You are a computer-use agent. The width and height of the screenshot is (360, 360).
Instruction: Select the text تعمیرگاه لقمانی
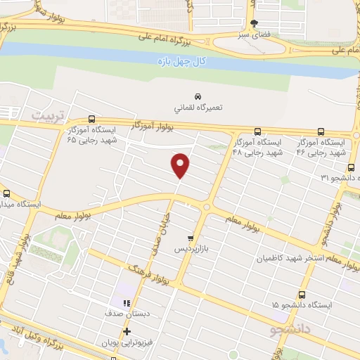[x=198, y=108]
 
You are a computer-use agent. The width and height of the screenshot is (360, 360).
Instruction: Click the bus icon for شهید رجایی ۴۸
[x=257, y=131]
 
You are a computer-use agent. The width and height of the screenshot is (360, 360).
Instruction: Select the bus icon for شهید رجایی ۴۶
[x=322, y=131]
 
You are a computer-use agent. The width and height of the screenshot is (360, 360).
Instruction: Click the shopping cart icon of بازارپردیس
[x=190, y=239]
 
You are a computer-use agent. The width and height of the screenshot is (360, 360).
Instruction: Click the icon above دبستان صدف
[x=127, y=302]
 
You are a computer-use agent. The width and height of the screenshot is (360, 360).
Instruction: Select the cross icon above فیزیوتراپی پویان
[x=127, y=332]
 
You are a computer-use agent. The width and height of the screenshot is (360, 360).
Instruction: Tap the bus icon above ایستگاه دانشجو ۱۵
[x=302, y=295]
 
